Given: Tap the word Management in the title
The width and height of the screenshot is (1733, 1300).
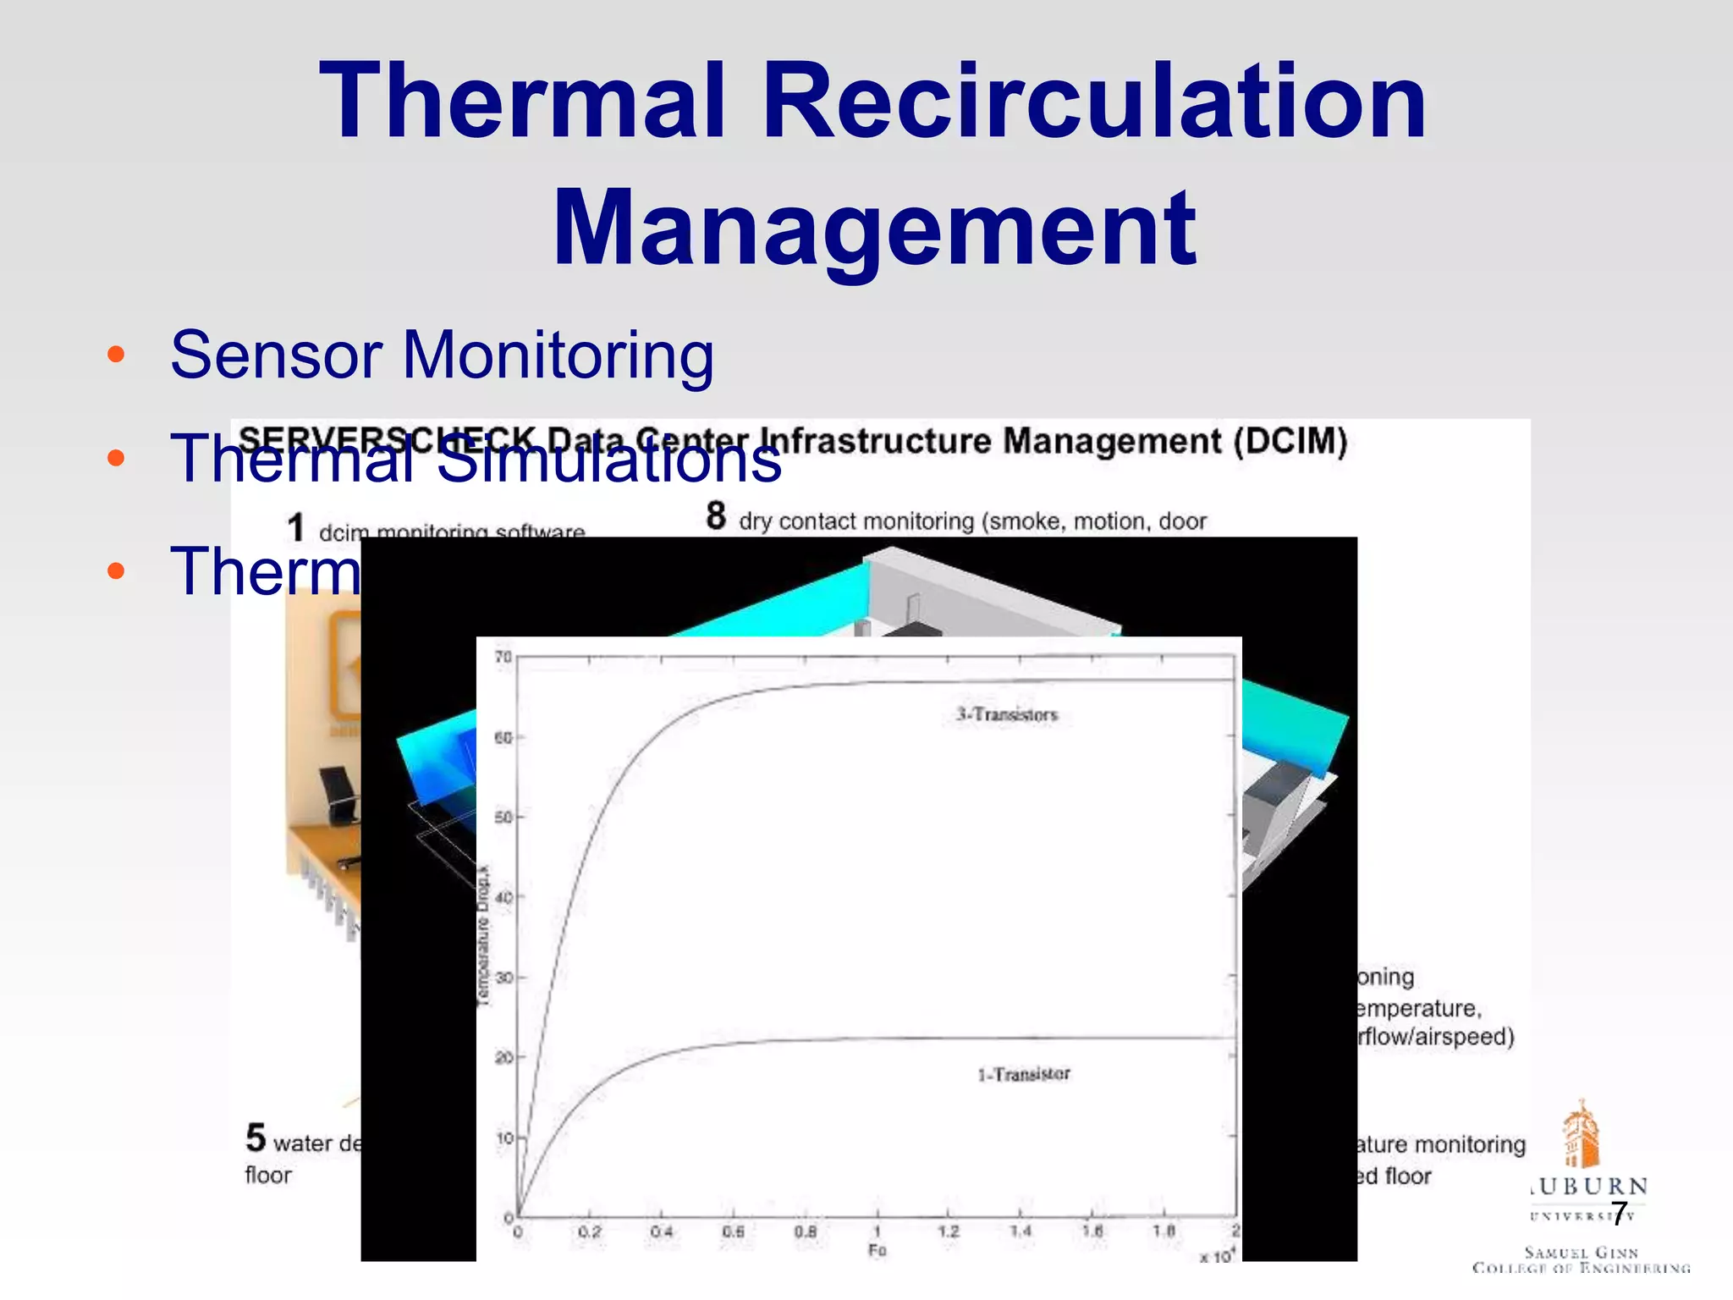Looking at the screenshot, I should tap(874, 228).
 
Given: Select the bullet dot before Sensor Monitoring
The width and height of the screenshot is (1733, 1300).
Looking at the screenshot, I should tap(116, 354).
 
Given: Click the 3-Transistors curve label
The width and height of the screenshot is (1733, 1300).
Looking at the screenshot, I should tap(1007, 714).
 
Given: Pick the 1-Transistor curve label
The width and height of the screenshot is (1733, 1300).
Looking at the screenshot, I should tap(1024, 1074).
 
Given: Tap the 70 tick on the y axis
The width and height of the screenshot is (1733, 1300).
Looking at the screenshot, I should tap(503, 657).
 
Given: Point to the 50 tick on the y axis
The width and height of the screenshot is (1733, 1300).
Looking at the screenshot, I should tap(503, 817).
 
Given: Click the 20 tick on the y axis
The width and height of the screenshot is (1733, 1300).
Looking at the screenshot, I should tap(503, 1057).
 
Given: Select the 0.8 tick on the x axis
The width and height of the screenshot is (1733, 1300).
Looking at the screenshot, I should tap(806, 1231).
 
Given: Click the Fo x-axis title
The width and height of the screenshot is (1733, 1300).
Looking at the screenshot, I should tap(877, 1250).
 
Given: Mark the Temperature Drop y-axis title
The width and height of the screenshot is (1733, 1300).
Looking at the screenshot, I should tap(483, 936).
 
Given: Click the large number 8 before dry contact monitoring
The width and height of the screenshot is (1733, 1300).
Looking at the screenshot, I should tap(716, 515).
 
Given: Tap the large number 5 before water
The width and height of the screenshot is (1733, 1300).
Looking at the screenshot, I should tap(256, 1138).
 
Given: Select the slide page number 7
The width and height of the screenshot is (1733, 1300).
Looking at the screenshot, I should tap(1619, 1214).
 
